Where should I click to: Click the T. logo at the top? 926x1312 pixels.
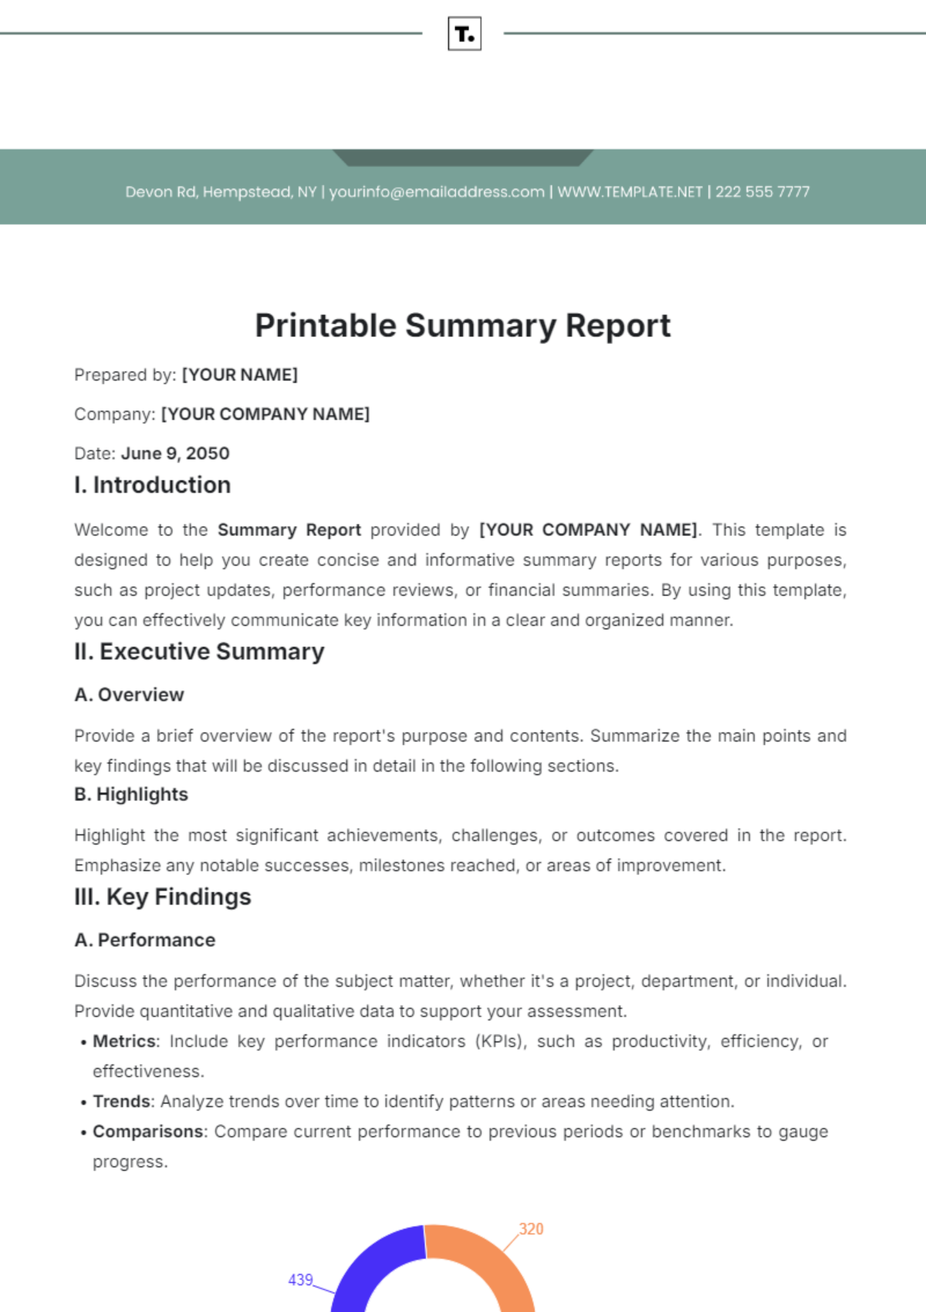click(465, 34)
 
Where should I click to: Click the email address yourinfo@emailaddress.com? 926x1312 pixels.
click(437, 192)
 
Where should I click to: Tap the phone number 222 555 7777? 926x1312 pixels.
click(762, 192)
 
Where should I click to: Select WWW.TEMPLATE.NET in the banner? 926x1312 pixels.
click(630, 192)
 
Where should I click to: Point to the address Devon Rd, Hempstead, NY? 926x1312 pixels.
click(221, 192)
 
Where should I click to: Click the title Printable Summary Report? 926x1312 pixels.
click(463, 325)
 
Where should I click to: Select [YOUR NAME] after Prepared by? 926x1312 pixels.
click(239, 375)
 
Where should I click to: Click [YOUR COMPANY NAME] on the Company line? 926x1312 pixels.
click(265, 414)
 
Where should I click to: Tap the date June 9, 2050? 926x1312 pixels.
click(175, 454)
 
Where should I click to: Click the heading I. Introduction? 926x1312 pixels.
click(153, 485)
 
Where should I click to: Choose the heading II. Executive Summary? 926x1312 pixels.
click(199, 652)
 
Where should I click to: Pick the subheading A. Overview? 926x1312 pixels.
click(129, 695)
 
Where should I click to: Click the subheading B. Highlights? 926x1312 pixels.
click(131, 794)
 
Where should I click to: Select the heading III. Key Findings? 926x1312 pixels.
click(163, 897)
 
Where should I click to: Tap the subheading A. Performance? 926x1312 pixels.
click(145, 940)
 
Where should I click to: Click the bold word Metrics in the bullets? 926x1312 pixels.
click(124, 1041)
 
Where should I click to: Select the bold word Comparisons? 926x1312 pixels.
click(148, 1132)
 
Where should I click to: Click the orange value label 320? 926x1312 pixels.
click(531, 1229)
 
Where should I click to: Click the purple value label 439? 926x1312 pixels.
click(300, 1280)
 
